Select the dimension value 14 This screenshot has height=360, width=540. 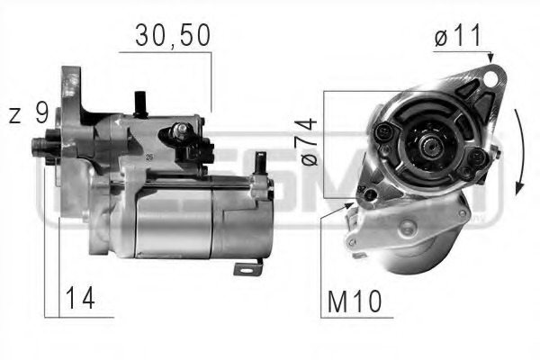[x=80, y=298]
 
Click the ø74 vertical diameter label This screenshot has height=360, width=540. [x=307, y=143]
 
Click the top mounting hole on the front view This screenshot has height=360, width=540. [x=489, y=77]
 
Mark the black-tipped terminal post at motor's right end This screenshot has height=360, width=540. [x=260, y=162]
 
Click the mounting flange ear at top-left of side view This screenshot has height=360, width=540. [x=69, y=80]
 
